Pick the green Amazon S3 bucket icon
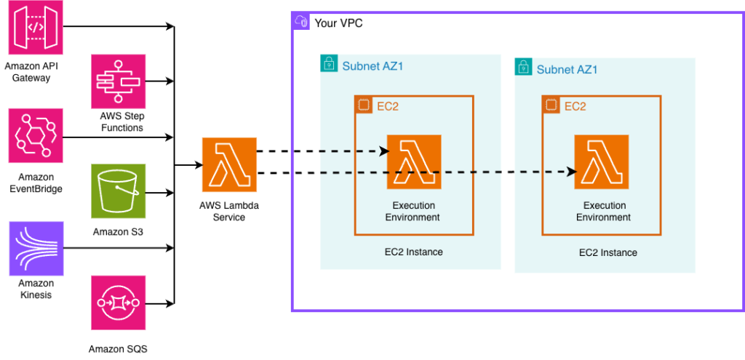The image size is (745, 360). (x=118, y=191)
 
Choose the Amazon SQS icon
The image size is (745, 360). (x=118, y=302)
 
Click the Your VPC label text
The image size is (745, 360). (x=338, y=23)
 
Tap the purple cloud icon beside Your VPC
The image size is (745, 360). (x=301, y=21)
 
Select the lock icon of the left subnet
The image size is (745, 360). (x=329, y=65)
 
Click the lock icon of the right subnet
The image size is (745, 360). (x=523, y=68)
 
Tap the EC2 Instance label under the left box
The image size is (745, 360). (x=413, y=252)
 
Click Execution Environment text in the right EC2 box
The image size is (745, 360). (x=603, y=211)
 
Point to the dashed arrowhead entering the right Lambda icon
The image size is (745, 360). (x=572, y=172)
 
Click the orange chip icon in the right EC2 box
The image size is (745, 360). (x=551, y=105)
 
